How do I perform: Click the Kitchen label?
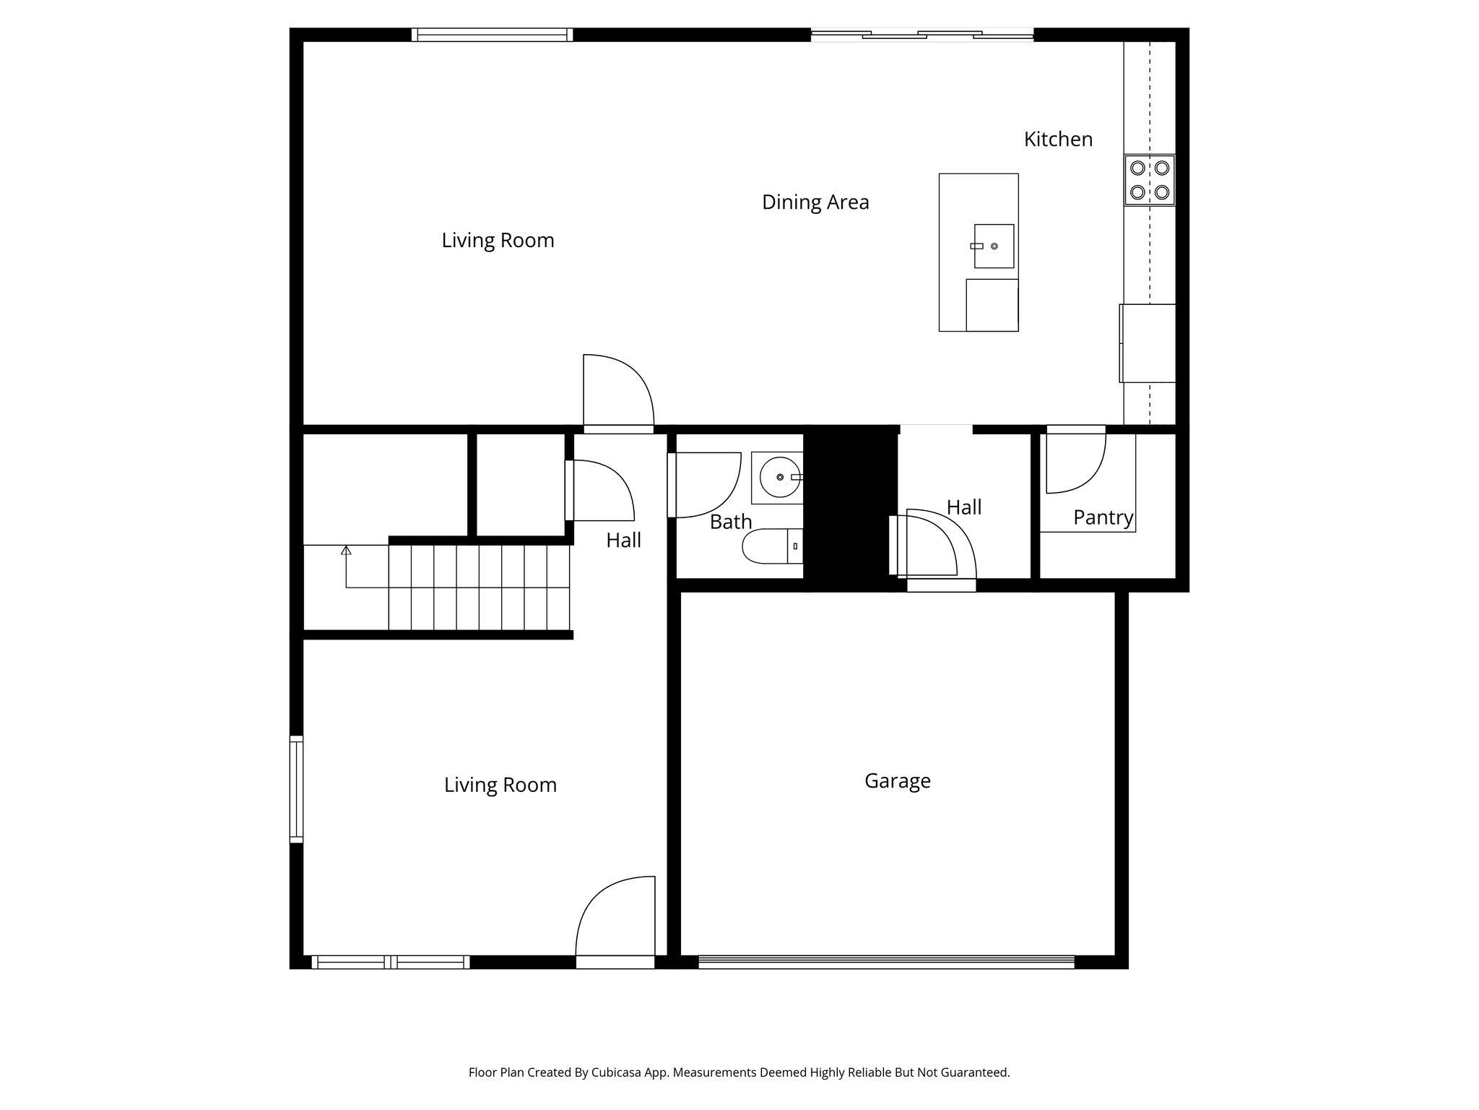(x=1058, y=139)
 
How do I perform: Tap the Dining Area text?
(x=815, y=202)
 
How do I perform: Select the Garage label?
(x=897, y=780)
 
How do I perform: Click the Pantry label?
(x=1103, y=517)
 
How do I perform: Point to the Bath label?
(x=731, y=522)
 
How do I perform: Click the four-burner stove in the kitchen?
(x=1149, y=180)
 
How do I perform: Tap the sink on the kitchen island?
(x=994, y=246)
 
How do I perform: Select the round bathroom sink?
(x=779, y=478)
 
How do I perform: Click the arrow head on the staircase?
(x=346, y=551)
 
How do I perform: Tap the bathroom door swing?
(x=705, y=484)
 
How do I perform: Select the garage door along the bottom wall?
(x=885, y=962)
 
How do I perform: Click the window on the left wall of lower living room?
(x=296, y=788)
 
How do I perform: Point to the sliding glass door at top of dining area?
(x=921, y=35)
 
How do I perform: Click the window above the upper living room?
(x=492, y=35)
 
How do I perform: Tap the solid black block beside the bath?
(x=850, y=506)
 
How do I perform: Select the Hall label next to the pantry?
(x=963, y=507)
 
